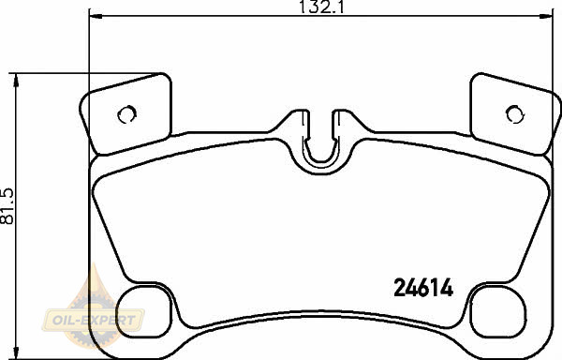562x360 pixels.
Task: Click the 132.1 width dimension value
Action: [x=321, y=7]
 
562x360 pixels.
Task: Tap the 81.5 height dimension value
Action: [x=7, y=206]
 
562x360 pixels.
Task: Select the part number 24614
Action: [x=423, y=288]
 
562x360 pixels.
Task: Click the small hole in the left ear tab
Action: [x=126, y=114]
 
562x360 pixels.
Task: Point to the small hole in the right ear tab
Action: [x=515, y=114]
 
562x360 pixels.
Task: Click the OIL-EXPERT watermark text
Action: [x=94, y=320]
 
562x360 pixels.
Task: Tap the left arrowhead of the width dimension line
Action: [x=96, y=16]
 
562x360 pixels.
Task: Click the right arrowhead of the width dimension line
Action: [x=546, y=16]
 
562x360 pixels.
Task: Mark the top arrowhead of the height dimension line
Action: [x=15, y=80]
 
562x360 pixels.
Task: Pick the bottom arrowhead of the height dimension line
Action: [x=15, y=352]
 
